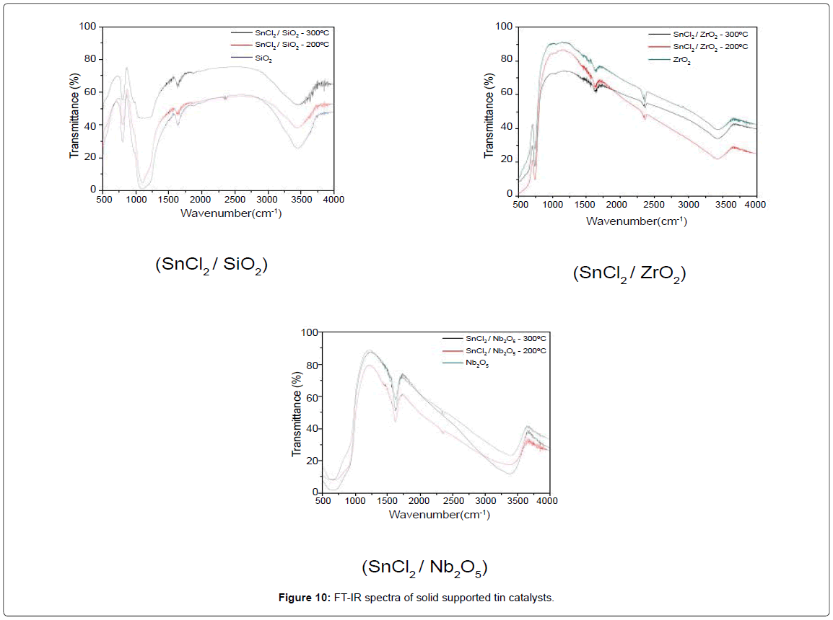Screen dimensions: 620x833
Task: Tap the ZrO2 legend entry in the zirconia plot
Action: (x=681, y=59)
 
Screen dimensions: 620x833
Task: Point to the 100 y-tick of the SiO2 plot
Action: (x=88, y=27)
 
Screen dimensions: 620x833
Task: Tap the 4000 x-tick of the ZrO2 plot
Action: (x=755, y=205)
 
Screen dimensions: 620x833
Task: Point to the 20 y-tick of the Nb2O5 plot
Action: (x=308, y=461)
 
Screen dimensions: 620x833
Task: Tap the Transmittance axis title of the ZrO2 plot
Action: (x=489, y=107)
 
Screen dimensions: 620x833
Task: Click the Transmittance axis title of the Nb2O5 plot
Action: (x=296, y=412)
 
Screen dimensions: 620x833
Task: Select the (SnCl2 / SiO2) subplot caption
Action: (x=211, y=265)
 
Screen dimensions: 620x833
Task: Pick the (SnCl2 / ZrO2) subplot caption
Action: (x=629, y=274)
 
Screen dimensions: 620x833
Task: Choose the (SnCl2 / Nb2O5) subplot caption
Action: (x=424, y=567)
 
